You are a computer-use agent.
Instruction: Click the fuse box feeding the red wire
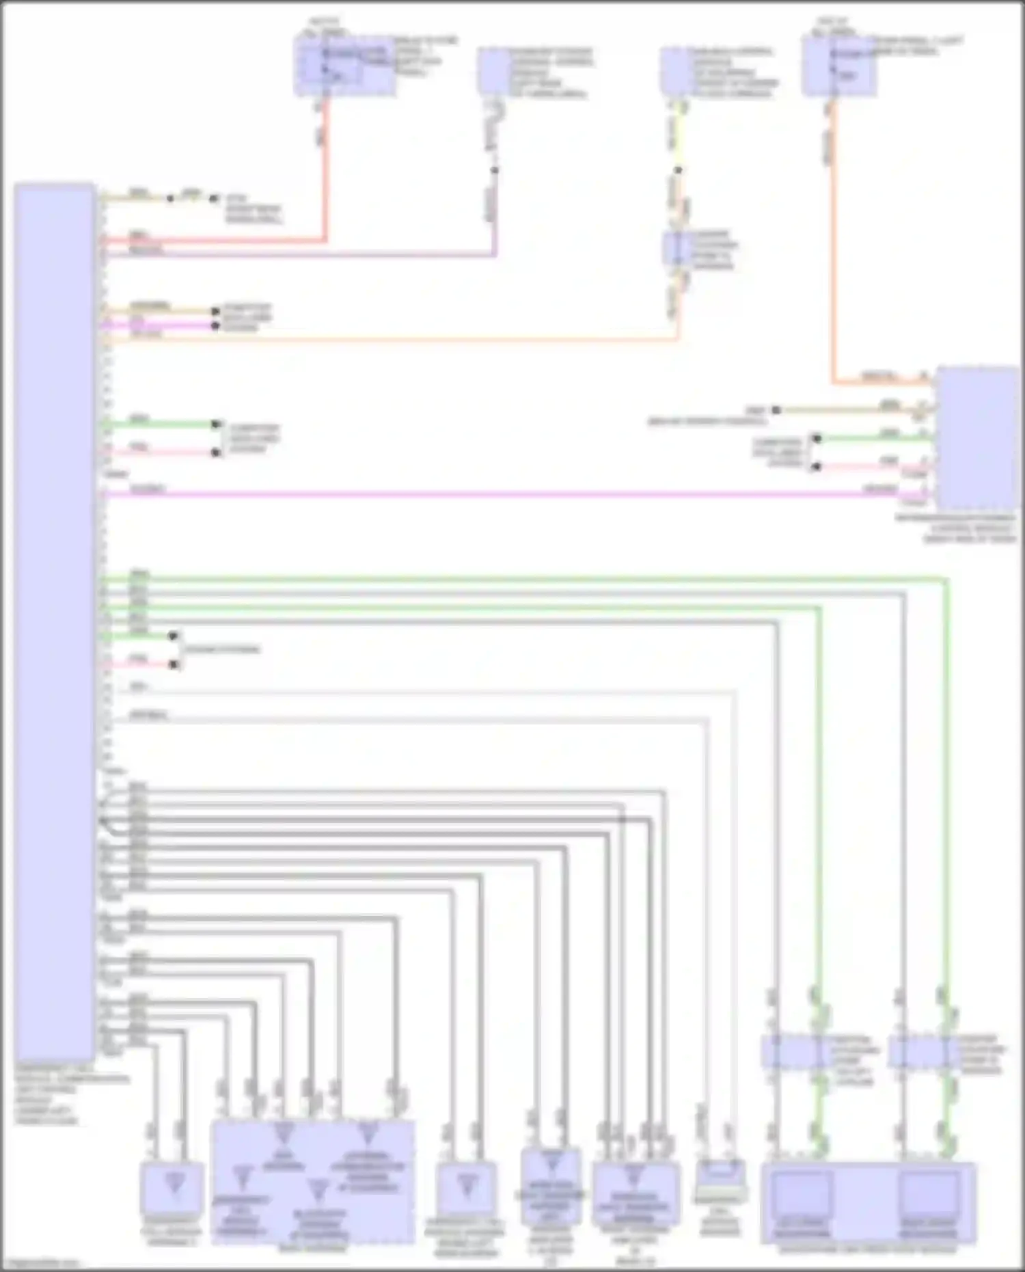pyautogui.click(x=344, y=66)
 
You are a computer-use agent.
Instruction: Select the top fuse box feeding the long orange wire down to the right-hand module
pyautogui.click(x=839, y=66)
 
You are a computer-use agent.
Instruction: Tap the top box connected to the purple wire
pyautogui.click(x=494, y=70)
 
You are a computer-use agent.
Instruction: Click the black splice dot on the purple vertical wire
pyautogui.click(x=495, y=170)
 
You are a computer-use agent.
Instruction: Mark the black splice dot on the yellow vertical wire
pyautogui.click(x=678, y=170)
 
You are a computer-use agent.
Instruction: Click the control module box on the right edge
pyautogui.click(x=977, y=437)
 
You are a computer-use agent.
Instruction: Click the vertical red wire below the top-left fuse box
pyautogui.click(x=325, y=171)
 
